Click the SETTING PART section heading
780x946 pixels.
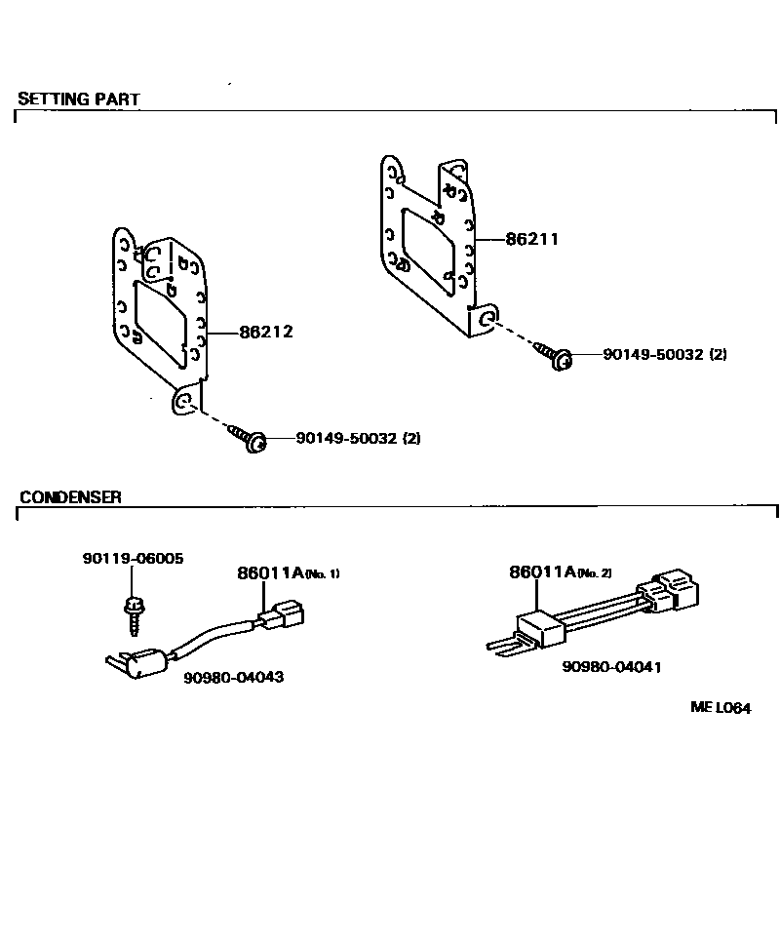click(x=79, y=99)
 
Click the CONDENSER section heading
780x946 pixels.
click(x=70, y=496)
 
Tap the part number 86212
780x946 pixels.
click(x=266, y=333)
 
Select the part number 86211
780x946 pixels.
click(x=531, y=239)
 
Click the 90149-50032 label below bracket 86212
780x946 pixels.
click(x=358, y=439)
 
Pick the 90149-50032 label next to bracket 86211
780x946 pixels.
click(x=665, y=355)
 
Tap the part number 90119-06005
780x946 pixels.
click(x=133, y=559)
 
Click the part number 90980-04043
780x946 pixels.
click(x=233, y=676)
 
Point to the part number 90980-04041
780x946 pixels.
click(x=611, y=667)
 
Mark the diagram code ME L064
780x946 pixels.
click(x=721, y=708)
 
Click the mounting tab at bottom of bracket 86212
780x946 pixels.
click(x=183, y=402)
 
